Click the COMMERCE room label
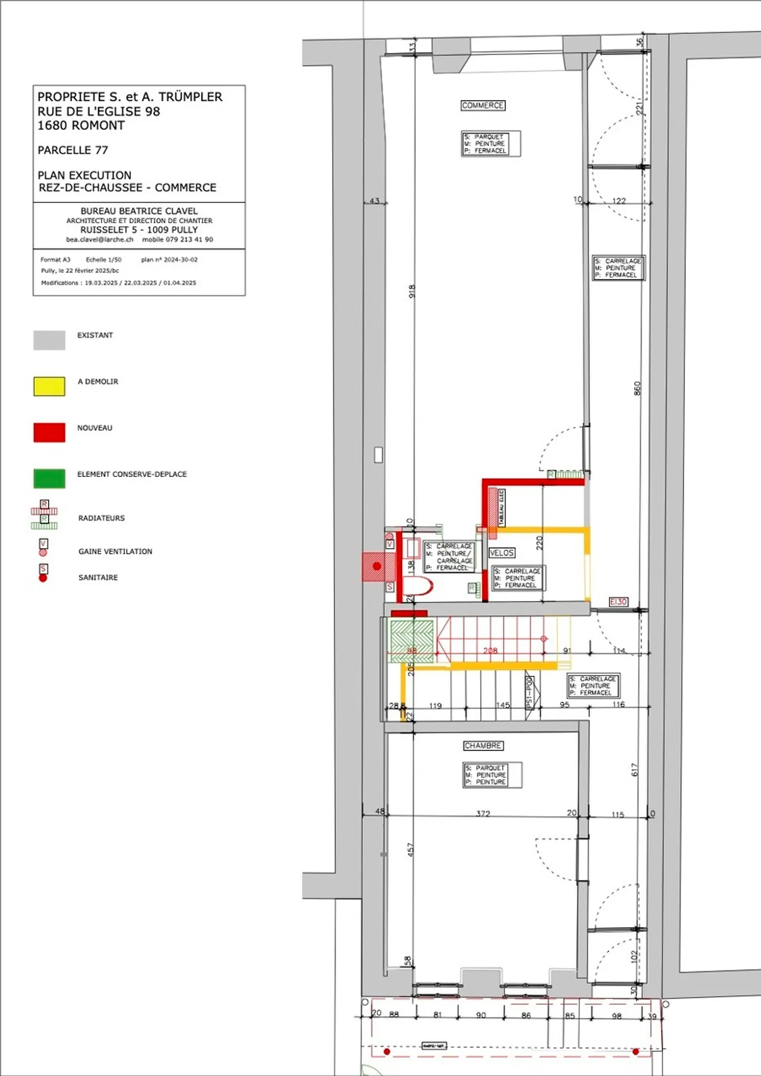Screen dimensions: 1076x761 pos(482,106)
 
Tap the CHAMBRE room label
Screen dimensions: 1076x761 pos(483,745)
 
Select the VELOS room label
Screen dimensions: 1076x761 pos(502,553)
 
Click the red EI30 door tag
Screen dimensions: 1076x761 pos(618,602)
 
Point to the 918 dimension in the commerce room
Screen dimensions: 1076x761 pos(412,291)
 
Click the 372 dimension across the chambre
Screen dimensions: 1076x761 pos(483,813)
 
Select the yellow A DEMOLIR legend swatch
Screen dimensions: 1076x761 pos(49,386)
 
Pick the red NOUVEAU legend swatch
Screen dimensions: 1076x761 pos(49,432)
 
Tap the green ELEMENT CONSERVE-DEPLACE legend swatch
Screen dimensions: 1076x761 pos(49,479)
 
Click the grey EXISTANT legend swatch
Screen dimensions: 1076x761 pos(49,340)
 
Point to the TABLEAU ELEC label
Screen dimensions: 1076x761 pos(502,508)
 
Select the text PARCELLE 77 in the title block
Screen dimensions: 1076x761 pos(72,150)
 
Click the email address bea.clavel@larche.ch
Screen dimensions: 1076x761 pos(99,239)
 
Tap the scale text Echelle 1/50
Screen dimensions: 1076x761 pos(104,259)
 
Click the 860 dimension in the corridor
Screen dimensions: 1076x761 pos(637,388)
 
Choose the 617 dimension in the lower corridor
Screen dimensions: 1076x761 pos(635,770)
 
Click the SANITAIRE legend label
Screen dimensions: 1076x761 pos(98,577)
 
